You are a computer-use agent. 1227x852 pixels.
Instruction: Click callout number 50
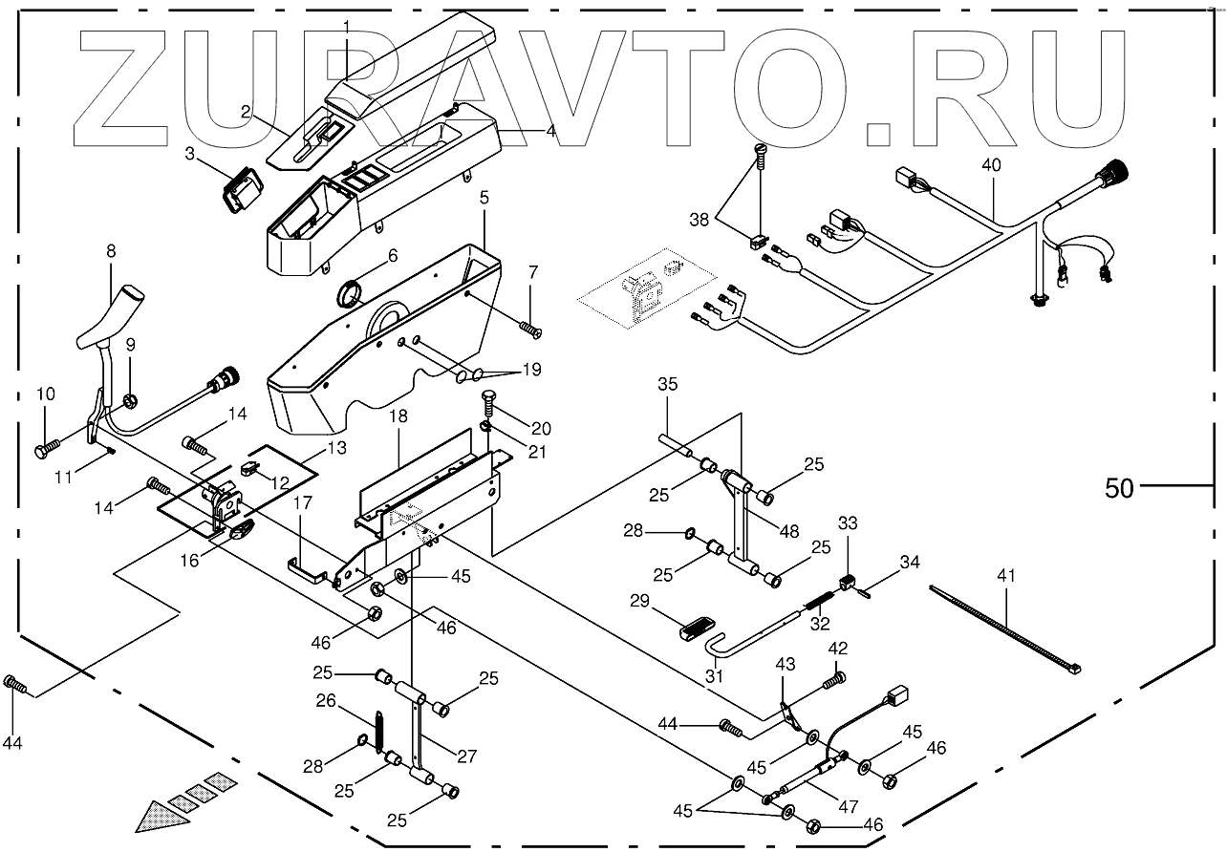click(1119, 487)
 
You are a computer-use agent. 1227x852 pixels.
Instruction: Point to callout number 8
click(111, 251)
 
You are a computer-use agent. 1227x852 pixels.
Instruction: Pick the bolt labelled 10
click(46, 447)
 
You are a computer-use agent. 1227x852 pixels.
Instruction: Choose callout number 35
click(667, 385)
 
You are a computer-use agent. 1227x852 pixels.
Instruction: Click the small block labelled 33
click(847, 582)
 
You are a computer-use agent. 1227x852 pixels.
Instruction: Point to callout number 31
click(715, 675)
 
